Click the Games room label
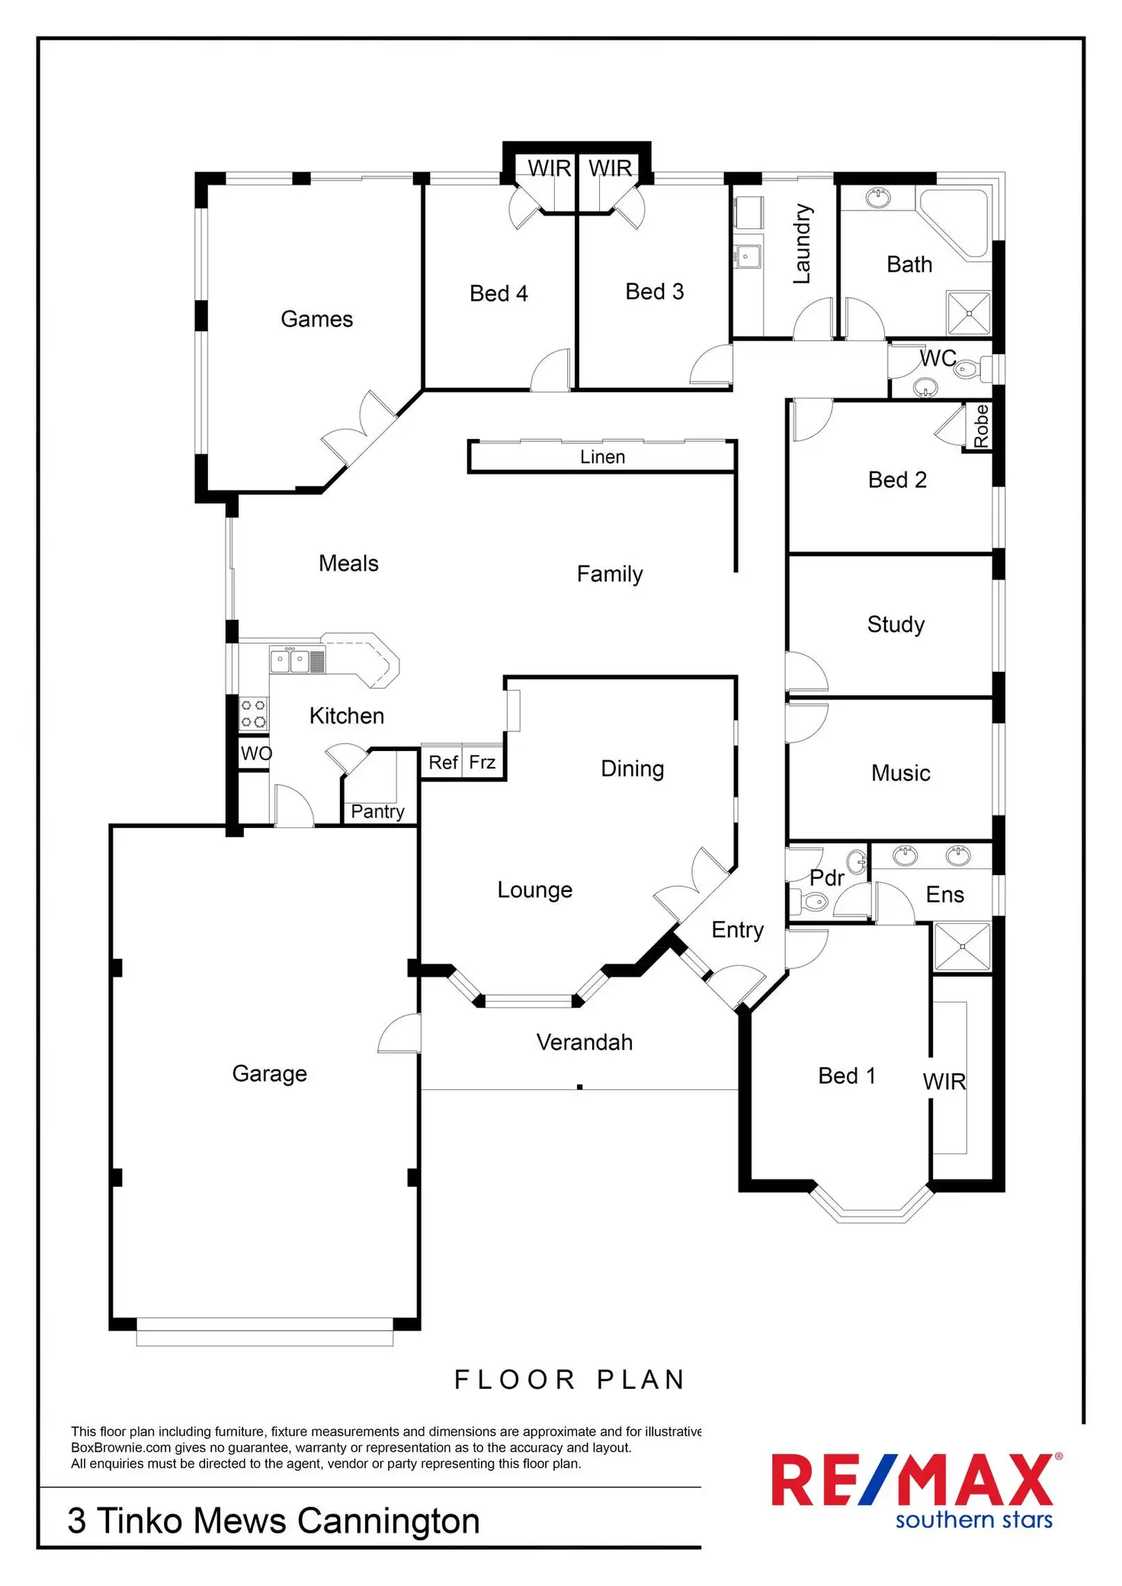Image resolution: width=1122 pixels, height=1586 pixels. [316, 318]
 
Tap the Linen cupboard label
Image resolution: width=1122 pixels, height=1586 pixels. [602, 456]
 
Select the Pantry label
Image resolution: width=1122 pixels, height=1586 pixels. [377, 812]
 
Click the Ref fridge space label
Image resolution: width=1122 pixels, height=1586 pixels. [443, 763]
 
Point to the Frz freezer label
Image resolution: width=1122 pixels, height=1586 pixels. [482, 762]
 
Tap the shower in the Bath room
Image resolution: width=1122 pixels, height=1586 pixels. [969, 312]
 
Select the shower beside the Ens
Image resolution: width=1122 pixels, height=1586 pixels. [962, 947]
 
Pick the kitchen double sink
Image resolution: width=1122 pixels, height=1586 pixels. [290, 660]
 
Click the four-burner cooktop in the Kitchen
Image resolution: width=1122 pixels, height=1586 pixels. [254, 714]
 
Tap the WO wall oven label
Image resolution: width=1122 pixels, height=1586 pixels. [256, 753]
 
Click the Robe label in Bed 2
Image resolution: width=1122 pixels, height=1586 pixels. [981, 427]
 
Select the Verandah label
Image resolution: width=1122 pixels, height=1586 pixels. [585, 1042]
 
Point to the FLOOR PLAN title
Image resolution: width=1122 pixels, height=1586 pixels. [570, 1380]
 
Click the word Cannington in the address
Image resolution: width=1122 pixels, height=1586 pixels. [389, 1521]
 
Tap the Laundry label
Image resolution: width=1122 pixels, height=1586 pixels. [802, 244]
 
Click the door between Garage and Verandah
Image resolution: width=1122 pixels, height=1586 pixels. [399, 1033]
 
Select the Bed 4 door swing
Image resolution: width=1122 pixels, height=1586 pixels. [550, 370]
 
